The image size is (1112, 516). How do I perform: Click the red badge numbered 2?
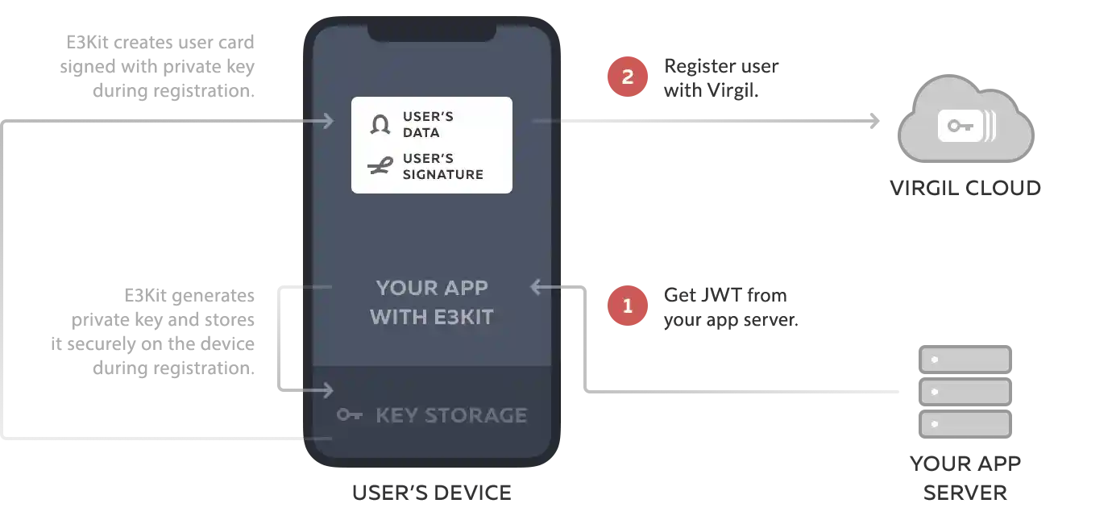coord(628,77)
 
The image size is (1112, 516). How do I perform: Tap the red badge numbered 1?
coord(628,306)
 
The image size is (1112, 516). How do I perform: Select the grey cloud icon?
coord(965,121)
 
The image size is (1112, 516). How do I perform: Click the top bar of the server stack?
coord(965,359)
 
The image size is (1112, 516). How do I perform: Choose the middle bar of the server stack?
coord(965,392)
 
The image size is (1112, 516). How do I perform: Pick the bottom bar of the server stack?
coord(965,424)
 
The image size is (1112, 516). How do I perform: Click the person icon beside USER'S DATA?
coord(380,124)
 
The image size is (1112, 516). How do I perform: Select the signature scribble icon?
coord(379,167)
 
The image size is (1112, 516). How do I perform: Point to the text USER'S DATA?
coord(428,124)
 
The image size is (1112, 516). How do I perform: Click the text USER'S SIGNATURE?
coord(442,166)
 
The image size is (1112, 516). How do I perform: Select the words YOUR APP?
coord(432,288)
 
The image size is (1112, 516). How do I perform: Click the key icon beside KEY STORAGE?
coord(349,415)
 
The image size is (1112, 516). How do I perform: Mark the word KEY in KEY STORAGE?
coord(396,415)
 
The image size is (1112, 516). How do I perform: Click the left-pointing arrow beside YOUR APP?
coord(546,287)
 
